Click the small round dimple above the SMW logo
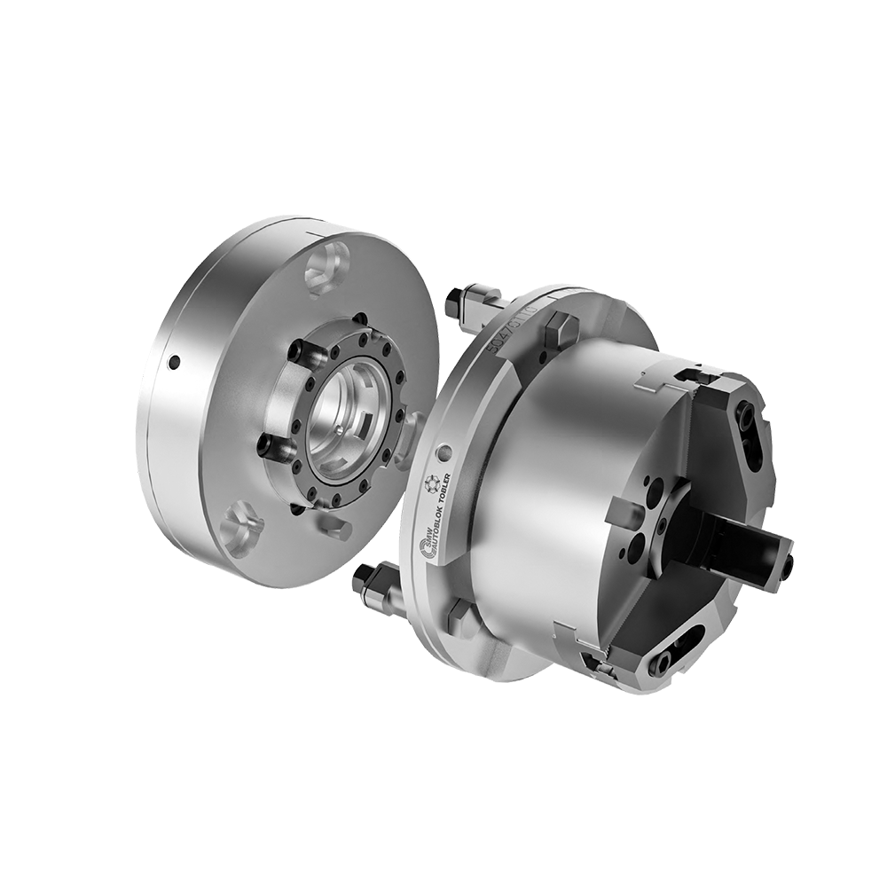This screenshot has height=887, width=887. (x=441, y=446)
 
